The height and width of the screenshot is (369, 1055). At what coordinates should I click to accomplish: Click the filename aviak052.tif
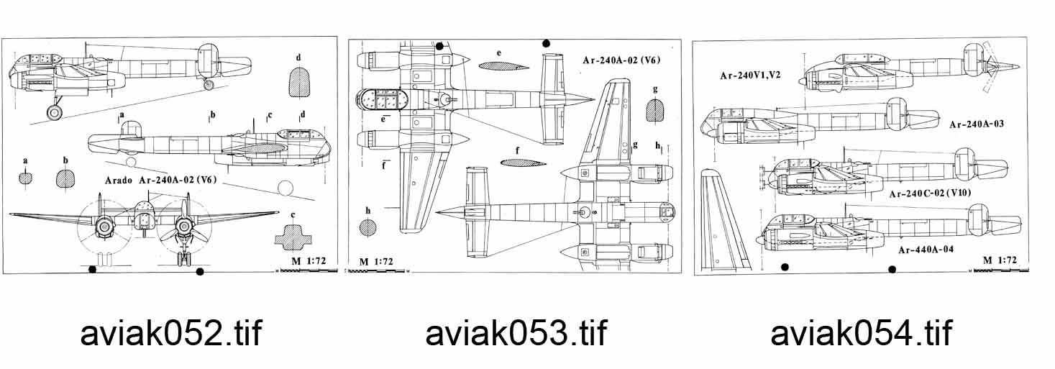tap(171, 333)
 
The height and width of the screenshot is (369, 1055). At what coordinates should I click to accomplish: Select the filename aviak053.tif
tap(516, 333)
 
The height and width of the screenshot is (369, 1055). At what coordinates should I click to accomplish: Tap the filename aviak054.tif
tap(862, 333)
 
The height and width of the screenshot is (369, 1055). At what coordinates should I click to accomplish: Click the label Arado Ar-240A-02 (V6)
tap(160, 180)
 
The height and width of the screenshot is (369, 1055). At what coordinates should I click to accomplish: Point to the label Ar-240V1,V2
tap(750, 76)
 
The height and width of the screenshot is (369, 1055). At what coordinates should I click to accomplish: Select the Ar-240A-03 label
tap(977, 124)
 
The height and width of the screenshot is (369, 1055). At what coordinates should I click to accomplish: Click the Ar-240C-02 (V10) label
tap(930, 193)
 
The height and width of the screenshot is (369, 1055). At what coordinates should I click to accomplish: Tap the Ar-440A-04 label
tap(926, 250)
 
